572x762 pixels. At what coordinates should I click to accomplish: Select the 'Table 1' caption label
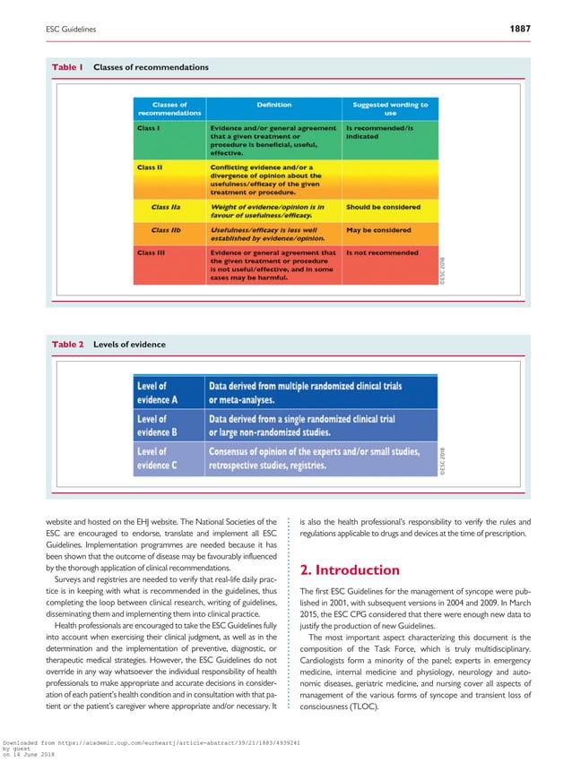[x=67, y=67]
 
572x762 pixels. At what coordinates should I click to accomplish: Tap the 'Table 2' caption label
[x=67, y=344]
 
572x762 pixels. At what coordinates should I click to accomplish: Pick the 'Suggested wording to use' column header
[x=390, y=109]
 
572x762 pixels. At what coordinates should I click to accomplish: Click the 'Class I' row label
[x=149, y=128]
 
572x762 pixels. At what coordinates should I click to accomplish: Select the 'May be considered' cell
[x=378, y=229]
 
